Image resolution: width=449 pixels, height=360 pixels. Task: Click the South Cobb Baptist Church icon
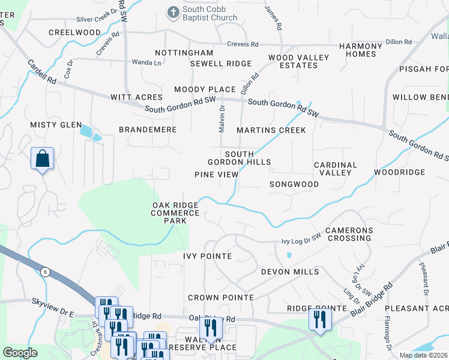coord(173,11)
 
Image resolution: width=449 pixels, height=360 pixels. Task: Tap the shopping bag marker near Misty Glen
coord(43,159)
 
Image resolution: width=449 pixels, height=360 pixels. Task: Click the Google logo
coord(20,353)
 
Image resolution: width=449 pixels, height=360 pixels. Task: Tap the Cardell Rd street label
coord(41,71)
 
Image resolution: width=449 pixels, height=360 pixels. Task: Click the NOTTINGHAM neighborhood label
coord(184,53)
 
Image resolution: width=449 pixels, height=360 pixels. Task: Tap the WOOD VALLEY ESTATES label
coord(298,61)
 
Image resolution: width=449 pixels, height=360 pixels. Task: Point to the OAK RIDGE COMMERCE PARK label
coord(175,213)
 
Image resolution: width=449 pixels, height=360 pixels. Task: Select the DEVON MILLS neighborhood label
coord(290,272)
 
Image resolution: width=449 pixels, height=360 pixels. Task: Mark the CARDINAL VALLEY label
coord(336,169)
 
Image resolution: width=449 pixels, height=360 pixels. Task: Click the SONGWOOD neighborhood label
coord(294,184)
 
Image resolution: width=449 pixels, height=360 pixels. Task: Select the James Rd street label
coord(274,18)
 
